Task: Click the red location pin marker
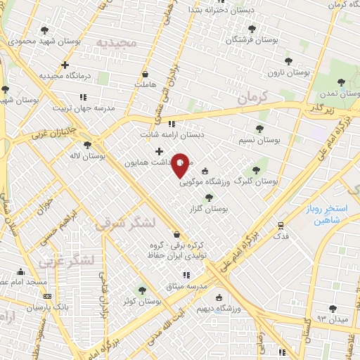(181, 165)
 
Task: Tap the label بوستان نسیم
(259, 141)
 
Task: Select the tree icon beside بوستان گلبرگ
(255, 170)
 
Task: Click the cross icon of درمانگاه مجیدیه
(65, 65)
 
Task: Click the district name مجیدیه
(115, 42)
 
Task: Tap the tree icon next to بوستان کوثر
(143, 290)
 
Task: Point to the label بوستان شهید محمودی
(45, 42)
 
